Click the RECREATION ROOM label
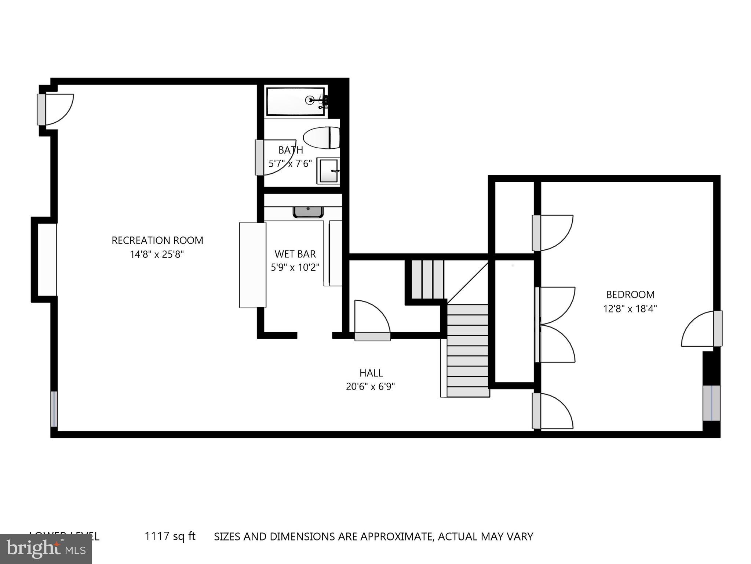click(x=157, y=241)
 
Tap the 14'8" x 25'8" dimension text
click(x=157, y=254)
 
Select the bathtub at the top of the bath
click(x=295, y=101)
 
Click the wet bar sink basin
click(x=308, y=212)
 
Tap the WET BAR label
click(x=295, y=254)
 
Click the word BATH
click(x=291, y=150)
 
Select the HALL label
click(x=371, y=373)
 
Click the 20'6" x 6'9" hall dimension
click(x=370, y=387)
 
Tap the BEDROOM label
click(x=630, y=295)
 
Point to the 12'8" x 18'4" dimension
click(x=630, y=309)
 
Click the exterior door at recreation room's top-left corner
click(x=55, y=109)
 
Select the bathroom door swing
click(x=275, y=157)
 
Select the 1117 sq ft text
click(x=170, y=536)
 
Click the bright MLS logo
click(x=46, y=549)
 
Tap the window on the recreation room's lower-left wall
click(x=54, y=409)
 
